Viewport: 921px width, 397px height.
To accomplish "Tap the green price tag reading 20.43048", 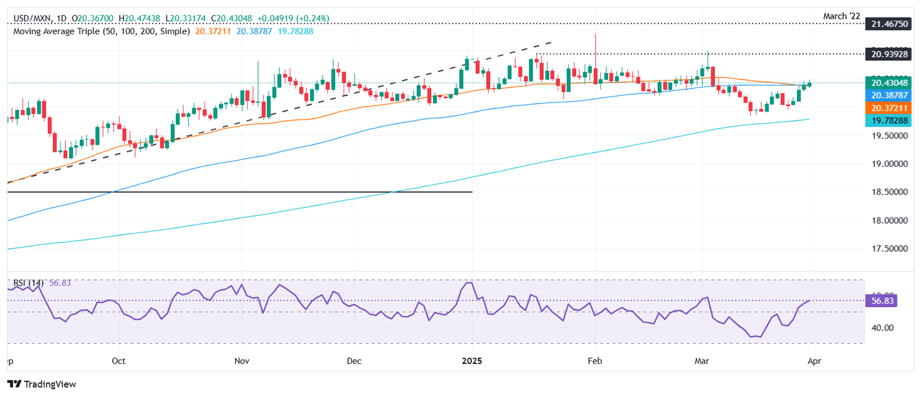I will (x=892, y=83).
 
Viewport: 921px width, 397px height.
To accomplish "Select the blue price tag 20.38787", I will (x=892, y=95).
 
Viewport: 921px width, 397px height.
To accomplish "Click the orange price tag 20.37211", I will (x=892, y=108).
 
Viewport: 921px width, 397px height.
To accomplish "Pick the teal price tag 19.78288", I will (x=892, y=121).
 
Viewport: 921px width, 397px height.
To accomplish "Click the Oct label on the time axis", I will (x=119, y=361).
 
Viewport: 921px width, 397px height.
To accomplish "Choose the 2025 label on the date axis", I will (x=472, y=361).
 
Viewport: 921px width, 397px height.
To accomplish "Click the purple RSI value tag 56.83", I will (x=881, y=300).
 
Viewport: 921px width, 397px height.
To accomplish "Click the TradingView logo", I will (x=41, y=384).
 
